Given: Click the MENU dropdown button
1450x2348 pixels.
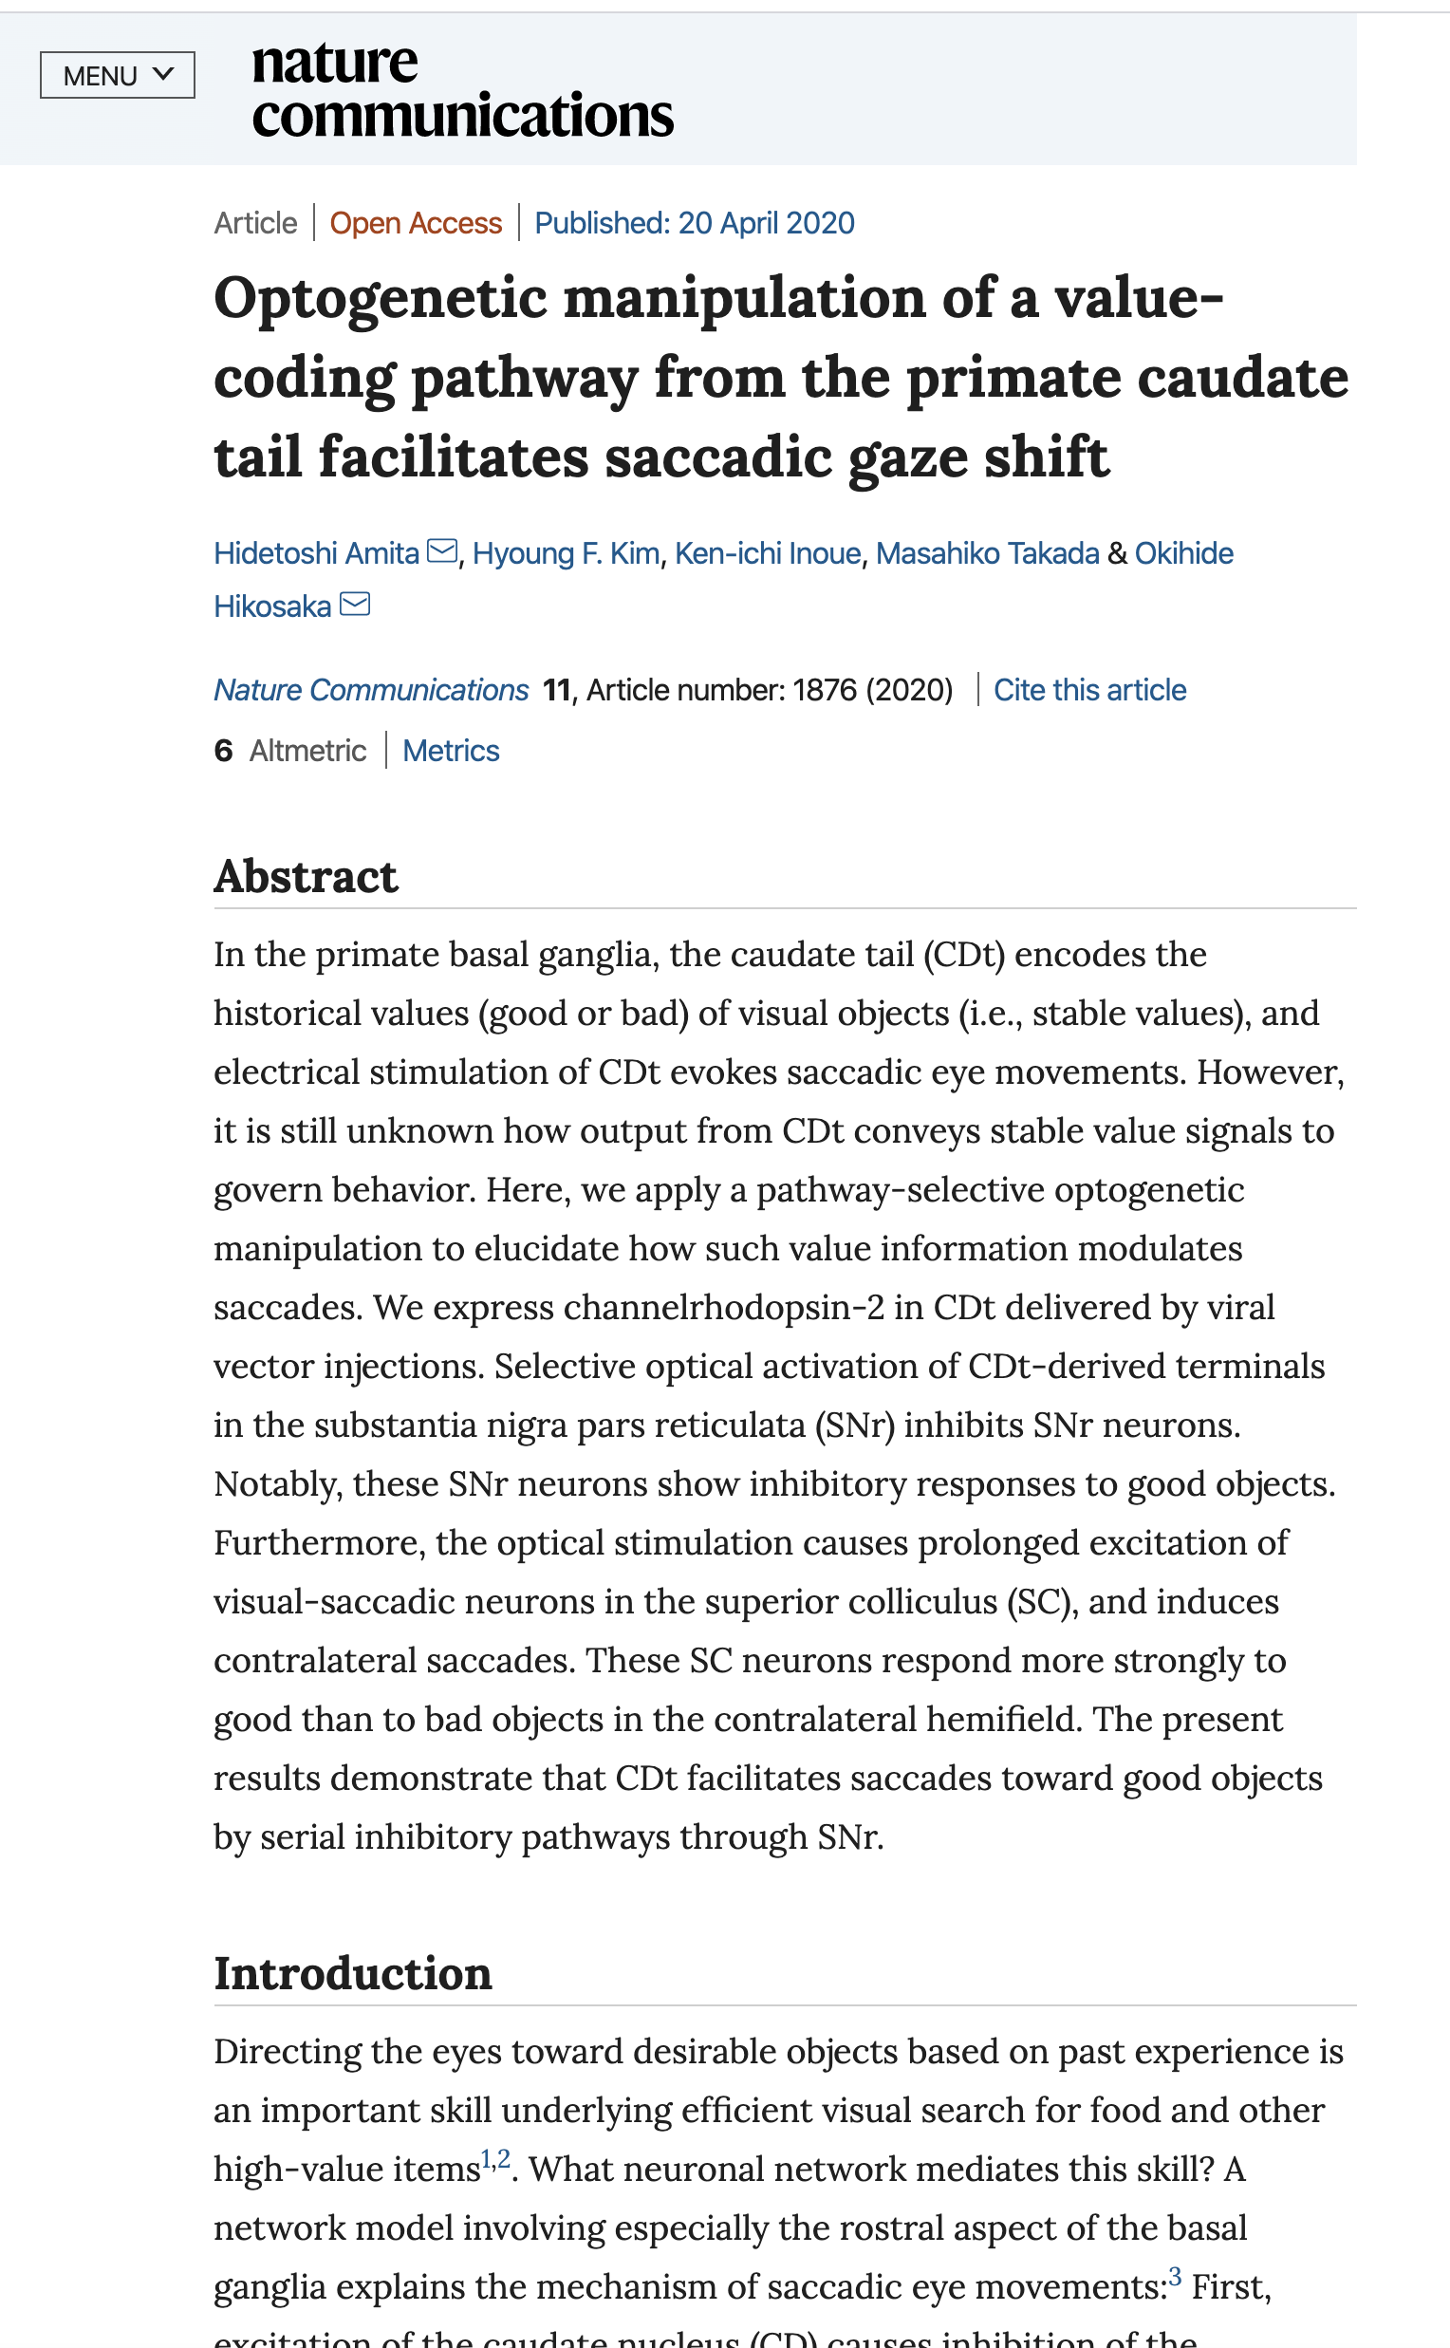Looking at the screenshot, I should [x=117, y=75].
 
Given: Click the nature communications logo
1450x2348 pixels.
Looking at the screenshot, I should [x=461, y=89].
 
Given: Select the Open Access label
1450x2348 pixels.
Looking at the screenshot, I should [x=416, y=223].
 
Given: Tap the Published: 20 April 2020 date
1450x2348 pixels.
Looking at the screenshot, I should [x=694, y=223].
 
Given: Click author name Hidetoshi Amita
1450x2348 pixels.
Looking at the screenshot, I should [x=316, y=553].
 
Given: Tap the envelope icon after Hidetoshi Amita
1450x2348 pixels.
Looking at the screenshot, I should [x=441, y=551].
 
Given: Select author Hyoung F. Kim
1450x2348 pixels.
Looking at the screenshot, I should [x=566, y=553].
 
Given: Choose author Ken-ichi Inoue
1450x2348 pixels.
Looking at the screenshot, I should [x=767, y=553].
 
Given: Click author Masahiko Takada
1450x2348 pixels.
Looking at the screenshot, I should [x=987, y=553].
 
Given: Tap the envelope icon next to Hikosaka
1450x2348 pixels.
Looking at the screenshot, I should [x=355, y=605].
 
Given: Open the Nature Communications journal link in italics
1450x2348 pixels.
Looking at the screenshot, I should [x=371, y=690].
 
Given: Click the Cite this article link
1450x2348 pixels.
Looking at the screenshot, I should [x=1089, y=690].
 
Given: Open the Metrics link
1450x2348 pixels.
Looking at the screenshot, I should [x=451, y=750].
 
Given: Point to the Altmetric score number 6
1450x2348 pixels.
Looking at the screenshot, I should [x=223, y=750].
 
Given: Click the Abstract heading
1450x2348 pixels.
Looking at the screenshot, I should [x=305, y=876].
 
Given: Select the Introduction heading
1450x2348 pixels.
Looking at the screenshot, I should [x=352, y=1973].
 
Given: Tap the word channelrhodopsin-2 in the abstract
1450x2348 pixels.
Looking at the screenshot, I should [x=724, y=1307].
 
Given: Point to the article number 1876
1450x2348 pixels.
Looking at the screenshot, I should [x=824, y=690].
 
